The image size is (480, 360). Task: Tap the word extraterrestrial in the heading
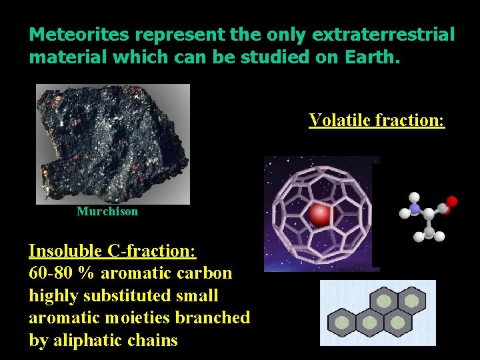pyautogui.click(x=385, y=35)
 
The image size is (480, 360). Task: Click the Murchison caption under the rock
pyautogui.click(x=107, y=211)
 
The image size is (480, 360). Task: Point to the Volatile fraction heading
pyautogui.click(x=376, y=120)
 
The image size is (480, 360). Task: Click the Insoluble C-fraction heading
pyautogui.click(x=112, y=251)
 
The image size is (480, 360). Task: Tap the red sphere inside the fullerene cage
pyautogui.click(x=321, y=215)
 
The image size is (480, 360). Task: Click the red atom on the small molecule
pyautogui.click(x=451, y=201)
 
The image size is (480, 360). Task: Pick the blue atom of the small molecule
pyautogui.click(x=415, y=209)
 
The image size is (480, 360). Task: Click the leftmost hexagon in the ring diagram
pyautogui.click(x=342, y=323)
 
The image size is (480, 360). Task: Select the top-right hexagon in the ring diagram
pyautogui.click(x=413, y=301)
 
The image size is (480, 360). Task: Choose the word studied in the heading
pyautogui.click(x=255, y=57)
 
